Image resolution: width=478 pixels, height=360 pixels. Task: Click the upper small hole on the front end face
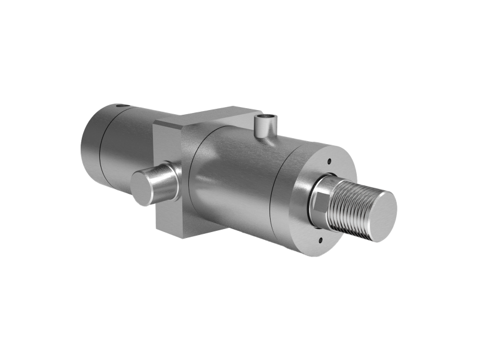[330, 160]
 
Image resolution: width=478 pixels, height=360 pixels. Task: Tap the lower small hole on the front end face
[320, 241]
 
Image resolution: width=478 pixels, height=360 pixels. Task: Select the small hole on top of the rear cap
[122, 107]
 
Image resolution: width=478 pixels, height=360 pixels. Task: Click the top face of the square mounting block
[209, 116]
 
